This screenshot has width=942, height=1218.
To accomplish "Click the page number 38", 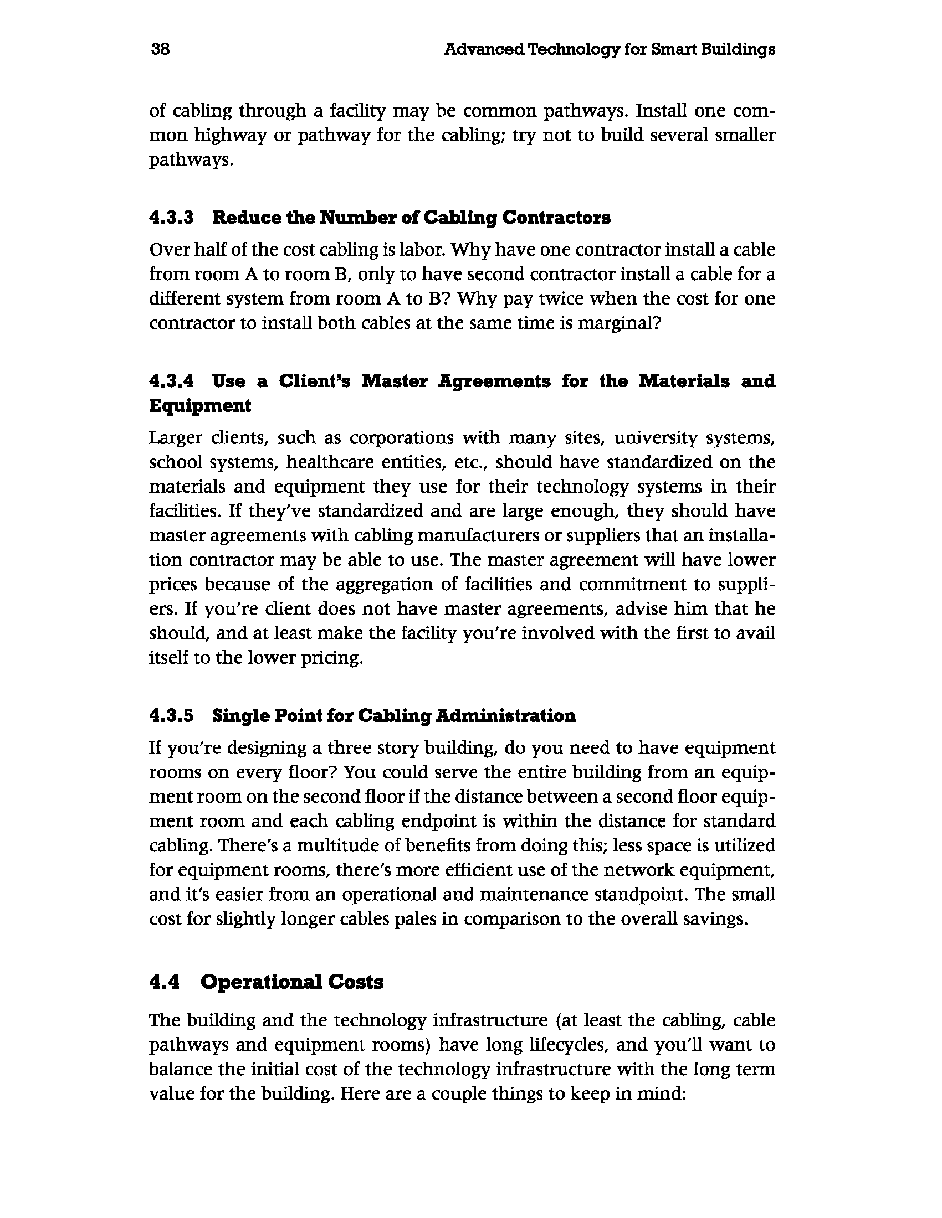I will tap(160, 50).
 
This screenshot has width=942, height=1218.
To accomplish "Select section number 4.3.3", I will tap(171, 218).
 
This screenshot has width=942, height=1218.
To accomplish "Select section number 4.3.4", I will tap(171, 381).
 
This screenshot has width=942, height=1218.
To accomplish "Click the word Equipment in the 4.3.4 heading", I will tap(200, 406).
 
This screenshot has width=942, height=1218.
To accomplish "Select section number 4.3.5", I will tap(171, 716).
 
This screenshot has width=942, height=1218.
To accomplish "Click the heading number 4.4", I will tap(165, 982).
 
